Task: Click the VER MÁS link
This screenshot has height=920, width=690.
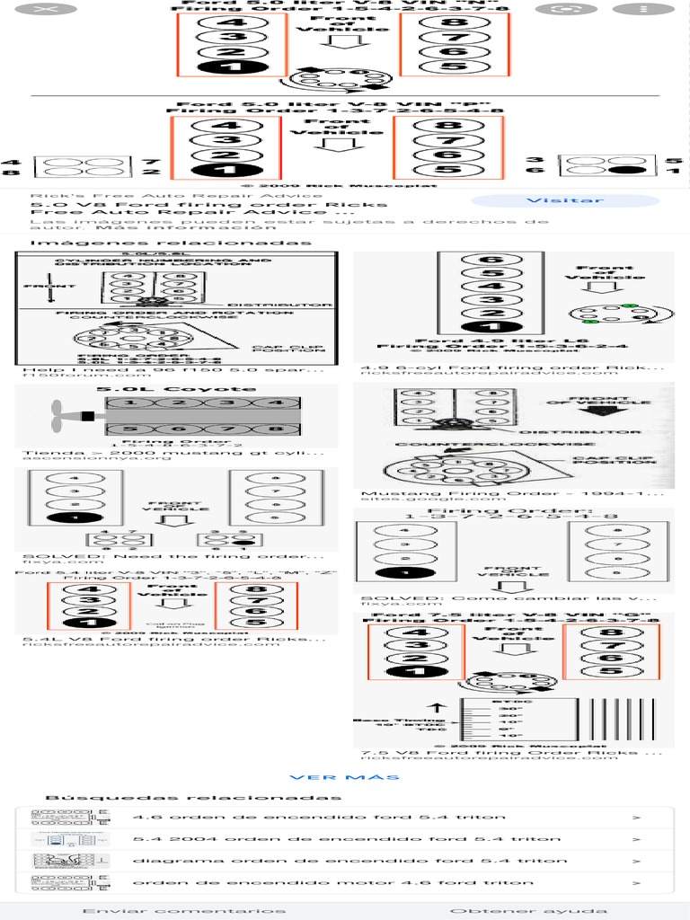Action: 344,777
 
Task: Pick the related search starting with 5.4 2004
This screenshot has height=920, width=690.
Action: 346,839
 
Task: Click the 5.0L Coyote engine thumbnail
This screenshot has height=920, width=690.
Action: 176,416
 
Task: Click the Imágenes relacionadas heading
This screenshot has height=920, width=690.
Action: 171,243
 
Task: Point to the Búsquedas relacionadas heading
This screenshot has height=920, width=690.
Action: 193,798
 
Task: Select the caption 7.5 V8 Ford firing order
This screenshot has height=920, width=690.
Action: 512,752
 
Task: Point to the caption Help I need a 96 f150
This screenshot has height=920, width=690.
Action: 172,368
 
